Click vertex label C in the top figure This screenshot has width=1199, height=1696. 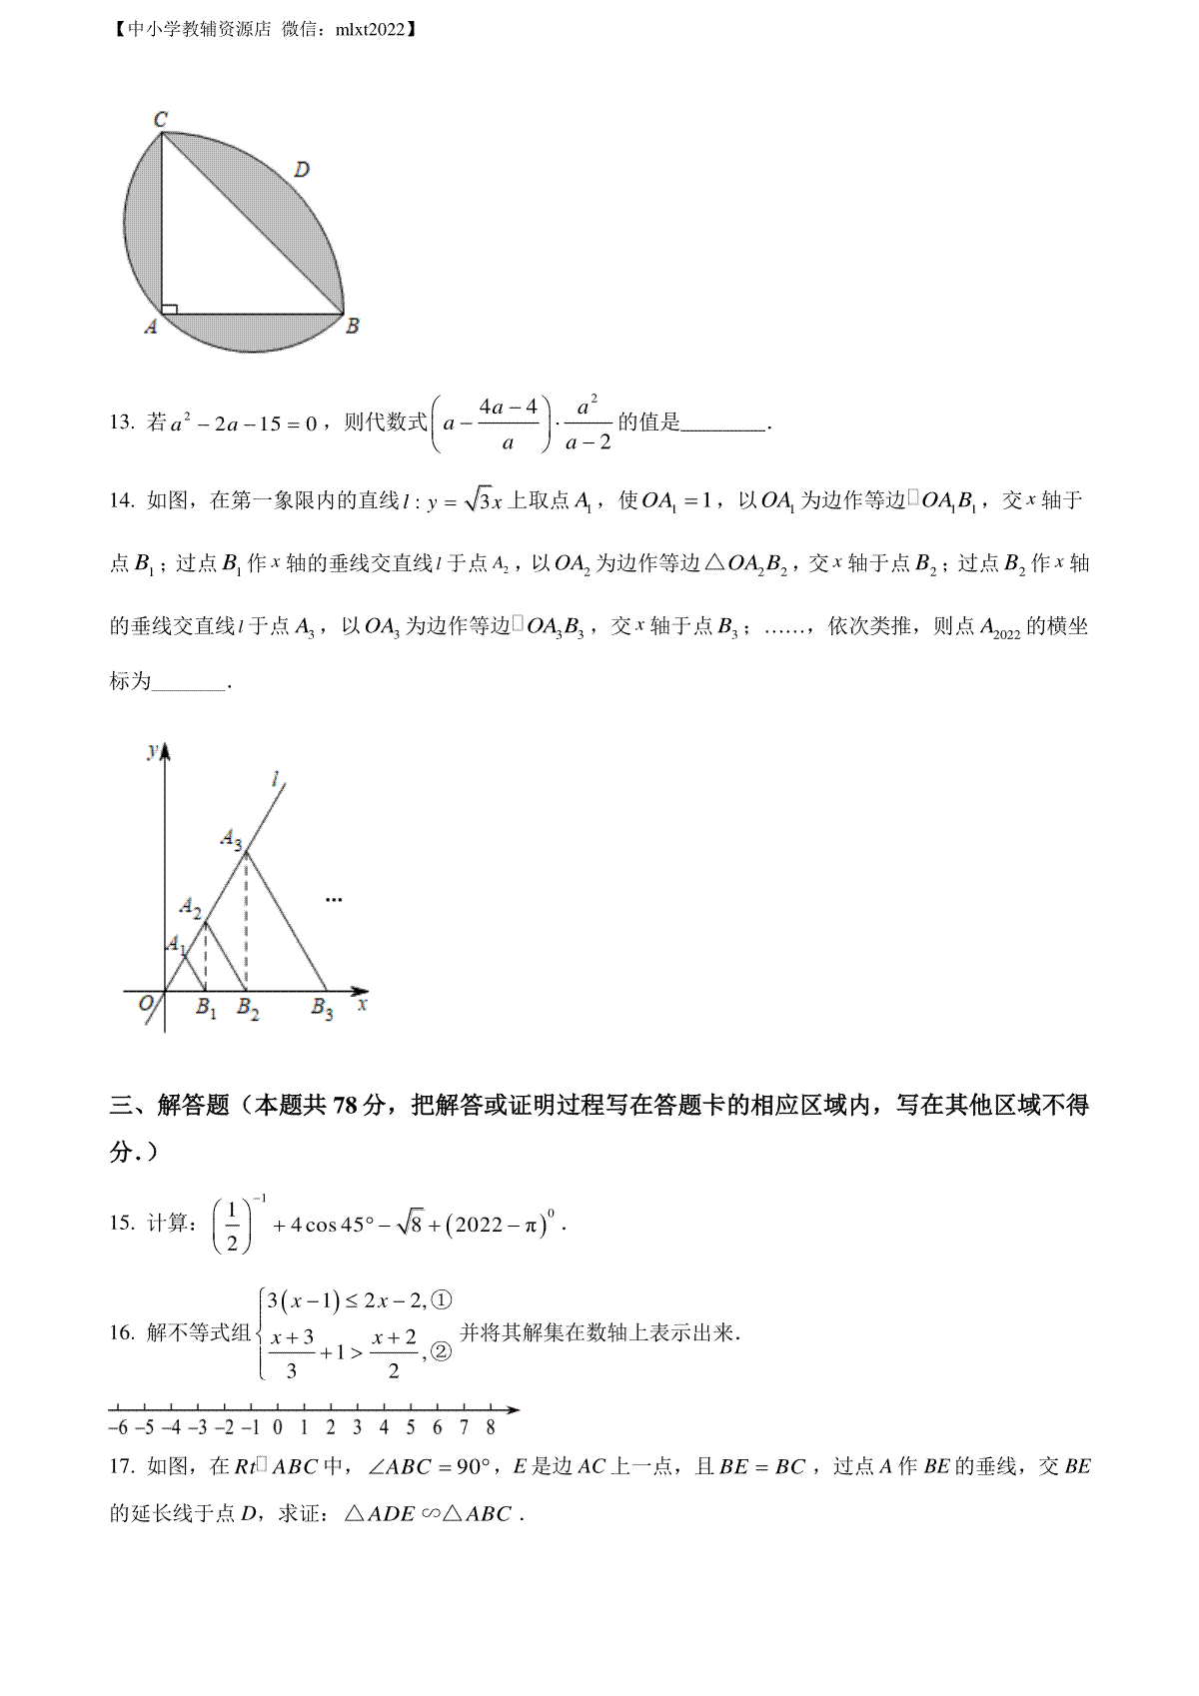click(x=161, y=120)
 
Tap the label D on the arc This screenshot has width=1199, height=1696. click(x=302, y=170)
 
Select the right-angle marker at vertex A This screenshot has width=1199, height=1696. click(x=169, y=309)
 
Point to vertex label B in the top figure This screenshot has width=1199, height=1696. click(x=352, y=327)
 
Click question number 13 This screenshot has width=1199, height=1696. click(x=122, y=423)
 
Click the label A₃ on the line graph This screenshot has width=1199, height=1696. click(x=232, y=839)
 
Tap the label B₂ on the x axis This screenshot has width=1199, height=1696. click(x=248, y=1009)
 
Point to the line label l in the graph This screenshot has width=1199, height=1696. click(x=276, y=778)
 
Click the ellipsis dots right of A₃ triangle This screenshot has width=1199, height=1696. click(x=334, y=900)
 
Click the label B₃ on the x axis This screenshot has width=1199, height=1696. click(x=322, y=1009)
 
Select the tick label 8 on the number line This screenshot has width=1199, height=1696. click(x=491, y=1428)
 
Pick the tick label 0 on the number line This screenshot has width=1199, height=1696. click(x=277, y=1428)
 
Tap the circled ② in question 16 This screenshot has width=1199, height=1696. click(x=441, y=1352)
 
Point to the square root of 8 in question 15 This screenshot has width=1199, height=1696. click(x=410, y=1224)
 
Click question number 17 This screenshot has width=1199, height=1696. click(x=122, y=1467)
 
